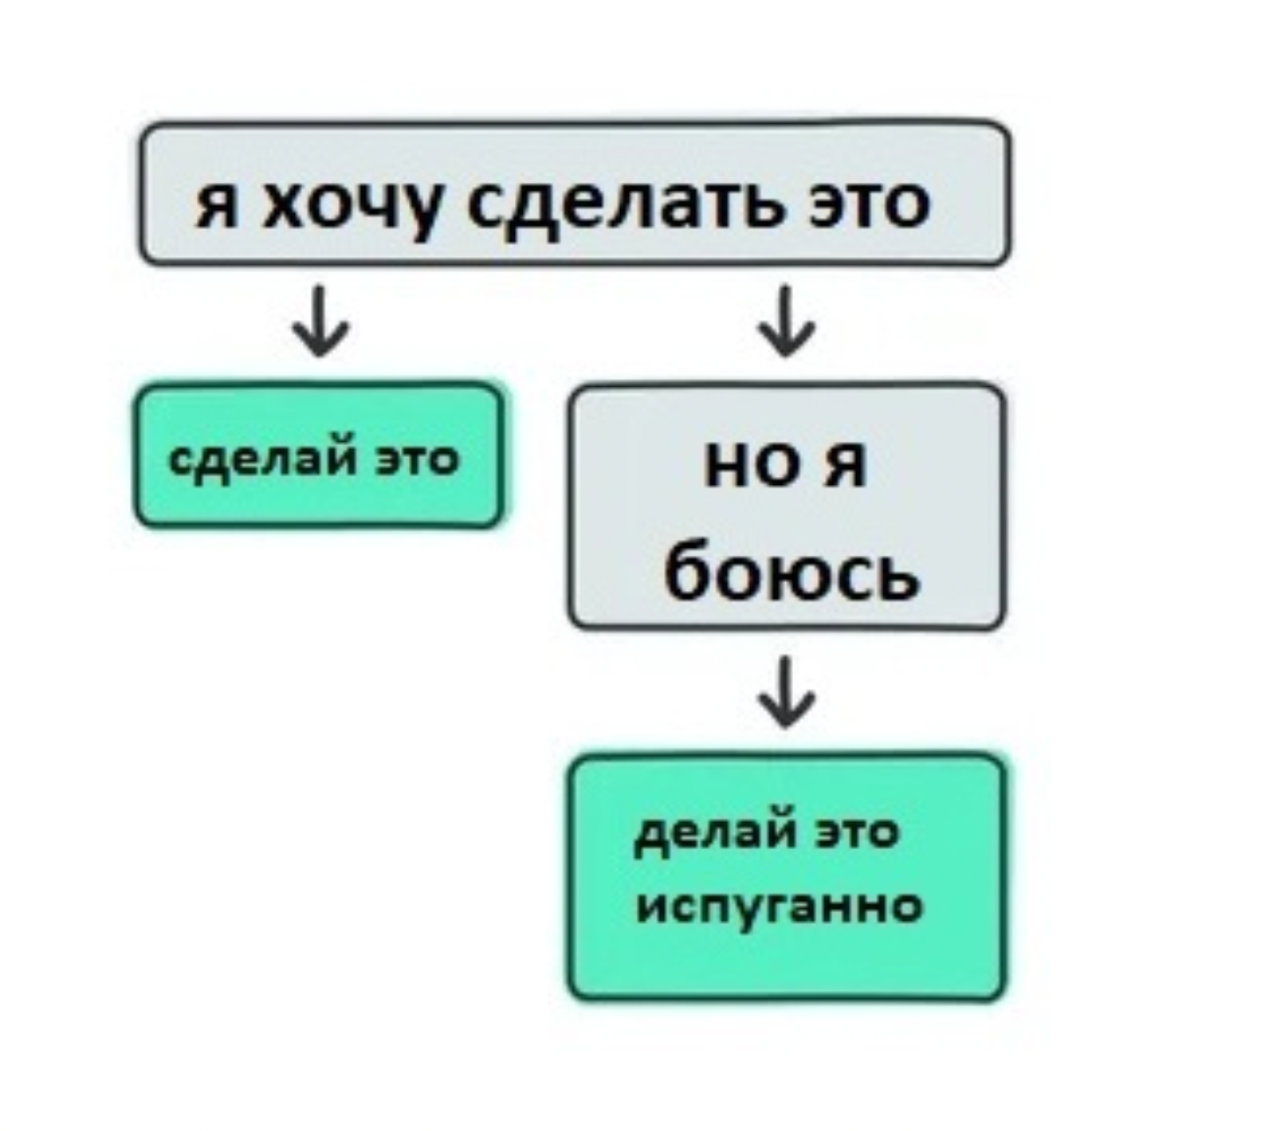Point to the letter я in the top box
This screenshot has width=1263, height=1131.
(x=217, y=205)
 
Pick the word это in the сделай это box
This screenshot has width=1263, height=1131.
(x=417, y=461)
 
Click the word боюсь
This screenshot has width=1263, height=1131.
(x=791, y=570)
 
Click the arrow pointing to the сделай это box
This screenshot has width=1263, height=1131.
(x=321, y=321)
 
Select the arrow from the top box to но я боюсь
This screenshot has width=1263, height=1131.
(x=785, y=321)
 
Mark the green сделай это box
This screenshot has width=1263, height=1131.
(x=319, y=455)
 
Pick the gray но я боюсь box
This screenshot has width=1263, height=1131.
(x=786, y=506)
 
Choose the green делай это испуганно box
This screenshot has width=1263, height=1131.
(x=787, y=877)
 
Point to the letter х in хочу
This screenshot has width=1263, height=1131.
(x=283, y=205)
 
